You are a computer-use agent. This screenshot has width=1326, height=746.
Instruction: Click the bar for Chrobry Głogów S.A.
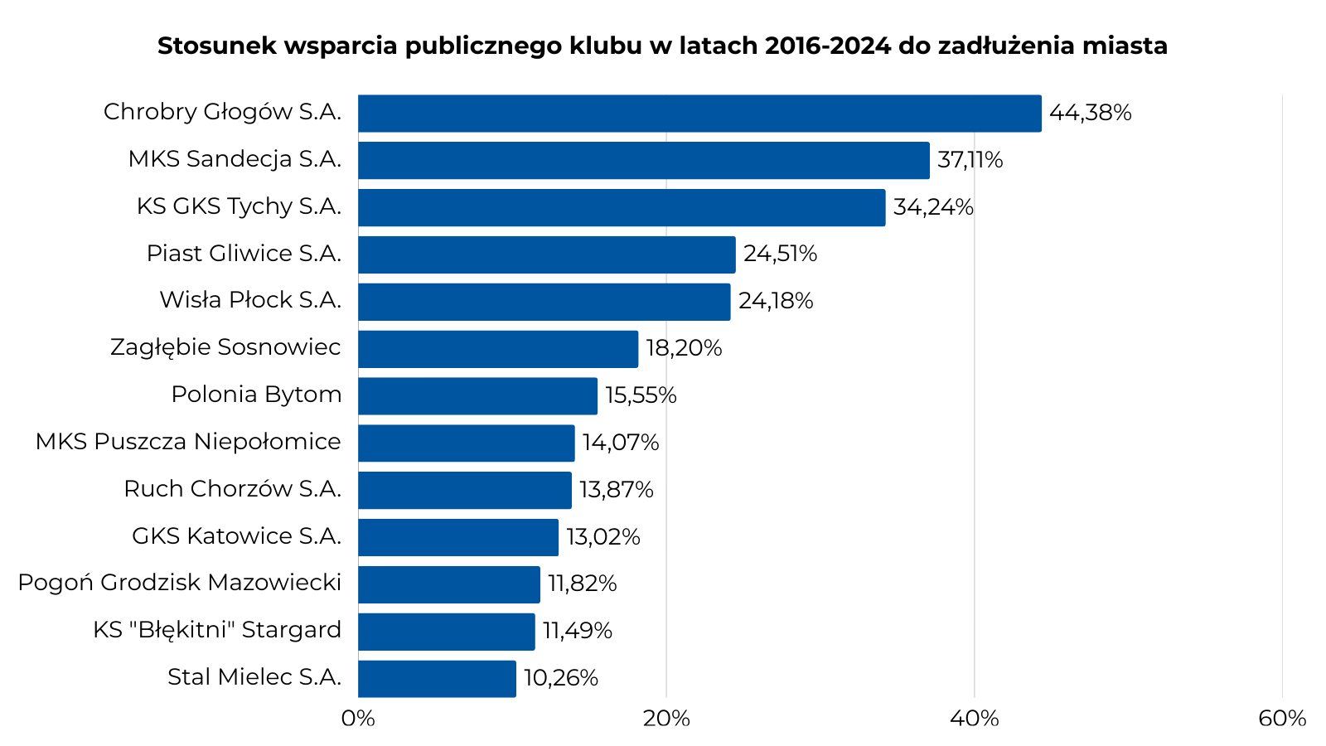coord(699,114)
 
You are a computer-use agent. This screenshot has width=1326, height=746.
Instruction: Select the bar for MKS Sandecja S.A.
coord(644,160)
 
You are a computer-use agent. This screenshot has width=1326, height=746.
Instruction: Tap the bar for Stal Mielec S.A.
coord(437,678)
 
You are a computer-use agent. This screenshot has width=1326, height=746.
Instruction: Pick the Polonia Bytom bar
coord(477,395)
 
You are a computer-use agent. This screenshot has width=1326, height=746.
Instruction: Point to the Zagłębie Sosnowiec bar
coord(498,349)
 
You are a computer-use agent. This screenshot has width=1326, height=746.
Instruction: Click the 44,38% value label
coord(1090,113)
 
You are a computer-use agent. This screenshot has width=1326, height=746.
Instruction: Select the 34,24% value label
coord(932,207)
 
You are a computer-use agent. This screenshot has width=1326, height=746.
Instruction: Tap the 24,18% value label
coord(776,301)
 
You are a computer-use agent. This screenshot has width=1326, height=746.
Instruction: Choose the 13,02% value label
coord(603,537)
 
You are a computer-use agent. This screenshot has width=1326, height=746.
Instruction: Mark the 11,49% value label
coord(578,631)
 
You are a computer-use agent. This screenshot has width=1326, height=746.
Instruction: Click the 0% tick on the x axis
coord(358,718)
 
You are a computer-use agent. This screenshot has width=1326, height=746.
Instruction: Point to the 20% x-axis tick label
coord(666,718)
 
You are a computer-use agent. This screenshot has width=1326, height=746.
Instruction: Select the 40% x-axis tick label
coord(975,718)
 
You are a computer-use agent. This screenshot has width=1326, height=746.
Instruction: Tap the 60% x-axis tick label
coord(1282,718)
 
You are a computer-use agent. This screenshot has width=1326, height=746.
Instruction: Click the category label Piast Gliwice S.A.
coord(244,254)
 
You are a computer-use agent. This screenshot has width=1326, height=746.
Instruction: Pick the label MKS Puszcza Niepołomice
coord(188,442)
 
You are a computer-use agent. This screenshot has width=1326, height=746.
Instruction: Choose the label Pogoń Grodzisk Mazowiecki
coord(179,583)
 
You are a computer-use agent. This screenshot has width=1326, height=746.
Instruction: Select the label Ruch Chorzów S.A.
coord(232,489)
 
